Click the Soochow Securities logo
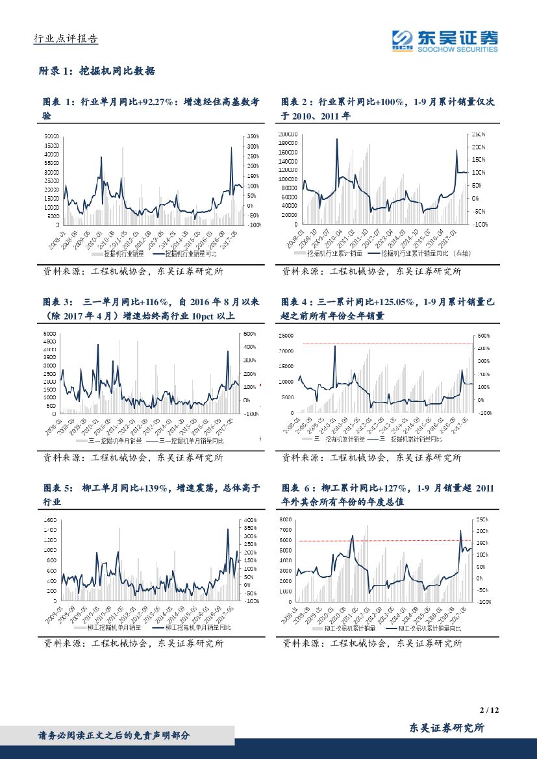point(445,40)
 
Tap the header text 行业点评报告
point(66,39)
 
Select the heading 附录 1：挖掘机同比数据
point(97,71)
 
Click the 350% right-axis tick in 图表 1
point(253,136)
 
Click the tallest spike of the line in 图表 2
point(337,139)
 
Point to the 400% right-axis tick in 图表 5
point(252,521)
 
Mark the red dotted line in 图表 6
point(383,540)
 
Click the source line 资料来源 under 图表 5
point(133,644)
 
